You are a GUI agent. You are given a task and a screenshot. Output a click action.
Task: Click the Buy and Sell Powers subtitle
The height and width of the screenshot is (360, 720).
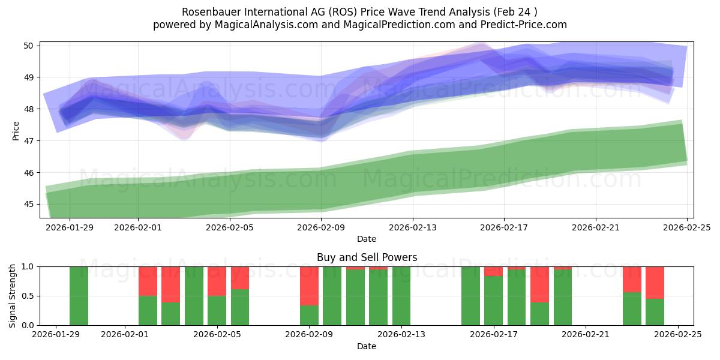pyautogui.click(x=367, y=257)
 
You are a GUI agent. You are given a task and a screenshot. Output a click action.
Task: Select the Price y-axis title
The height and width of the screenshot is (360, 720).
pyautogui.click(x=16, y=131)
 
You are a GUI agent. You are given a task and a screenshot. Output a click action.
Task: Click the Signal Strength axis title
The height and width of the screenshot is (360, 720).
pyautogui.click(x=13, y=295)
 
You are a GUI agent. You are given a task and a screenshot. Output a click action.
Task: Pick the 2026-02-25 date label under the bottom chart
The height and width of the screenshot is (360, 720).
pyautogui.click(x=677, y=335)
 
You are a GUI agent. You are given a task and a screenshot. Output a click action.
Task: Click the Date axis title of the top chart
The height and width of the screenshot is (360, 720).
pyautogui.click(x=367, y=239)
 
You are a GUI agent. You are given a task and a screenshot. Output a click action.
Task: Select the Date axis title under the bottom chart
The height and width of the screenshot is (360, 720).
pyautogui.click(x=367, y=346)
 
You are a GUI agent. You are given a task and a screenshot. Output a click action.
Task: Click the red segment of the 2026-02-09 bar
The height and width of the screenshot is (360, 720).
pyautogui.click(x=309, y=286)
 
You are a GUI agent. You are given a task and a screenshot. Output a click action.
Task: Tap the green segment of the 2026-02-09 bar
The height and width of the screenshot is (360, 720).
pyautogui.click(x=309, y=316)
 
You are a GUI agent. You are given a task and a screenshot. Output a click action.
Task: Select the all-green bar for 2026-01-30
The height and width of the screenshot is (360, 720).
pyautogui.click(x=79, y=296)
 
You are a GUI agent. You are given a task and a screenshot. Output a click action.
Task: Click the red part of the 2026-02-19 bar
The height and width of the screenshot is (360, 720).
pyautogui.click(x=539, y=284)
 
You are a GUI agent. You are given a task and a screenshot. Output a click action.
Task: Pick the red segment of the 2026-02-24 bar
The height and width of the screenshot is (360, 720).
pyautogui.click(x=655, y=283)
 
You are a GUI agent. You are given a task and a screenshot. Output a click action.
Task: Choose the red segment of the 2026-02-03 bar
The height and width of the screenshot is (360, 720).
pyautogui.click(x=170, y=284)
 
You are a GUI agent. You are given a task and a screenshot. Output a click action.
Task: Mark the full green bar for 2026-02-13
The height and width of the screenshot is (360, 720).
pyautogui.click(x=401, y=296)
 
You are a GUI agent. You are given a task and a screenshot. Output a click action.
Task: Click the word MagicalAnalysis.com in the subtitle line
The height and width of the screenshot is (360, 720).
pyautogui.click(x=268, y=25)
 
